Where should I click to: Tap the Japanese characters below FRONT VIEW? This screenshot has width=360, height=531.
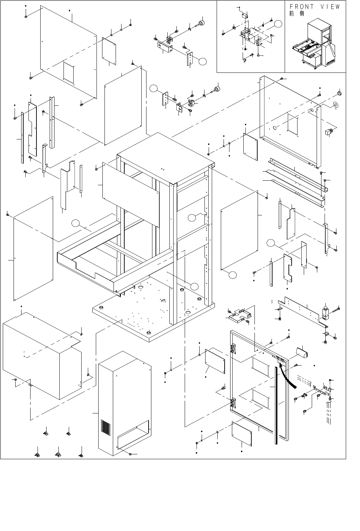(296, 14)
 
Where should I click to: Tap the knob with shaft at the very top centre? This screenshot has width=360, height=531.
(201, 23)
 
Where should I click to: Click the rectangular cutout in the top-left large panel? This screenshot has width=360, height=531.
(68, 73)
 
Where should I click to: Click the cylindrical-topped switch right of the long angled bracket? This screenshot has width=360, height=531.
(326, 312)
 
